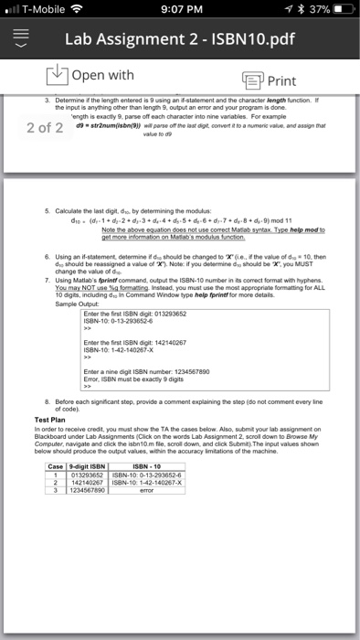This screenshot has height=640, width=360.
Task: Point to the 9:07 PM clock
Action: (180, 11)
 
